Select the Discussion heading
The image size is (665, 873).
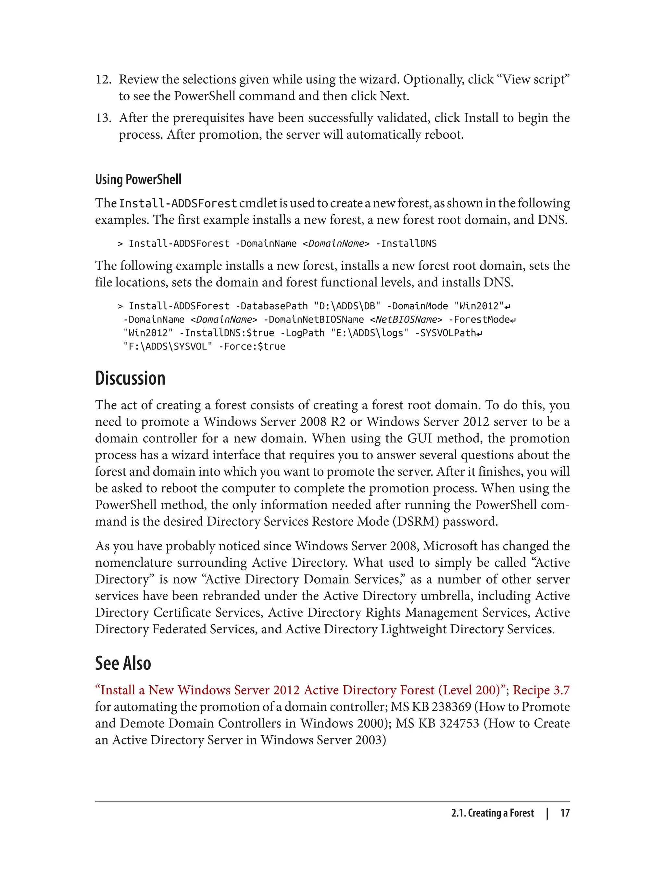click(130, 378)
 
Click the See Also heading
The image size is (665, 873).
click(123, 663)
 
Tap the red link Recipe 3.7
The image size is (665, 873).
click(541, 690)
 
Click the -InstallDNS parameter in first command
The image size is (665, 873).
click(406, 244)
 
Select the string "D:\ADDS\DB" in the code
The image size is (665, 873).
click(347, 306)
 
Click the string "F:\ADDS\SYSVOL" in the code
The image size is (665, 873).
click(168, 347)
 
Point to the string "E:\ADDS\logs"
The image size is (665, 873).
click(369, 333)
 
